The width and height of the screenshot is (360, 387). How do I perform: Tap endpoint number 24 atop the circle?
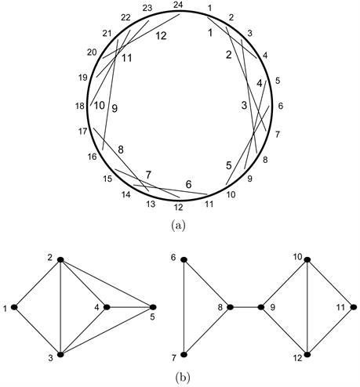click(177, 5)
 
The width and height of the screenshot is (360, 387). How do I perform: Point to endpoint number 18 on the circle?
click(79, 107)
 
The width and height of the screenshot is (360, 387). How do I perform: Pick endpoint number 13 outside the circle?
click(149, 205)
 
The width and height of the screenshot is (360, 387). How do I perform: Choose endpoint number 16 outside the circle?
click(92, 157)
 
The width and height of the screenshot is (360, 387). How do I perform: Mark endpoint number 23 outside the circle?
click(147, 9)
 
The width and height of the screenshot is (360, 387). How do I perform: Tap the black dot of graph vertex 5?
click(154, 306)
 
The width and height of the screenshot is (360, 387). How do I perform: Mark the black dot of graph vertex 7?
click(183, 354)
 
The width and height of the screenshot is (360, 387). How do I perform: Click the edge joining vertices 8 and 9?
click(243, 307)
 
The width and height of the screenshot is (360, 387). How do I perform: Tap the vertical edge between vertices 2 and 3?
click(59, 307)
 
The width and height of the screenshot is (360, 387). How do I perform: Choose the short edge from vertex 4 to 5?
click(129, 306)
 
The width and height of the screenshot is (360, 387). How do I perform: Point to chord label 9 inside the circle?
click(115, 109)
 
